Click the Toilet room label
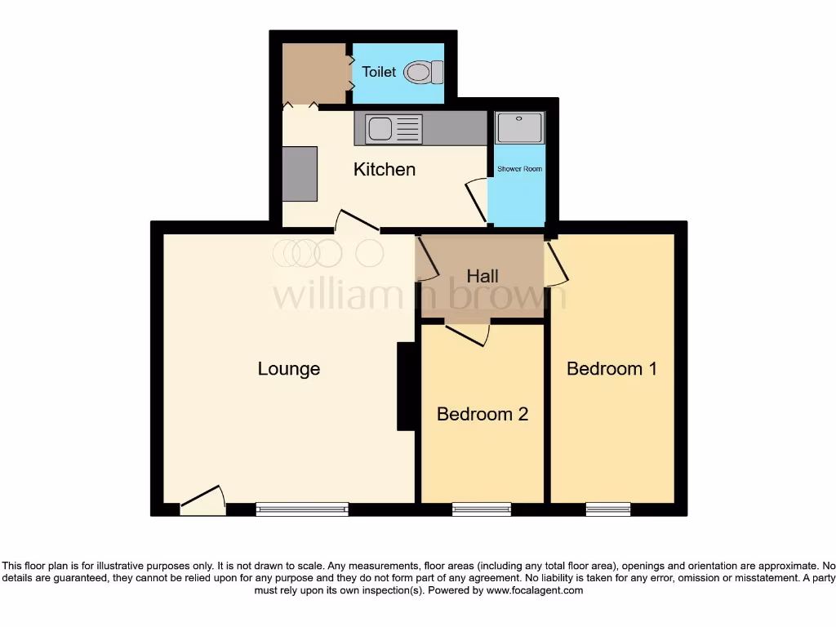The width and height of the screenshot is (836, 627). (379, 72)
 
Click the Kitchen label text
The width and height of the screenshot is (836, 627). (385, 170)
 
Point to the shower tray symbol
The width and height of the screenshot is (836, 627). (518, 127)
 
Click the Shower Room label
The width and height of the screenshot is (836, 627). (519, 169)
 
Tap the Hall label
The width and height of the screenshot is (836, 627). (482, 276)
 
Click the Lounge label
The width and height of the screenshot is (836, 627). (289, 369)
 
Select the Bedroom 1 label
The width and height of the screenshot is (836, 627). (611, 369)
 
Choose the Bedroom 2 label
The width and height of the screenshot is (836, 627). (482, 414)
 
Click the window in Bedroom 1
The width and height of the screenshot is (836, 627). (608, 509)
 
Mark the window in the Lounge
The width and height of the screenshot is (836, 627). (302, 509)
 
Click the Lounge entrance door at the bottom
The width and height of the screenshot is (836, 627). (202, 501)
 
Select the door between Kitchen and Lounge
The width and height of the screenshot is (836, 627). (357, 222)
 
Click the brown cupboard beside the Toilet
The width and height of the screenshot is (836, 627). (314, 73)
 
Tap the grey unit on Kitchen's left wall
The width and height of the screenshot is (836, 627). (300, 173)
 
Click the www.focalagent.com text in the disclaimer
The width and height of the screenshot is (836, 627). (535, 590)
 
